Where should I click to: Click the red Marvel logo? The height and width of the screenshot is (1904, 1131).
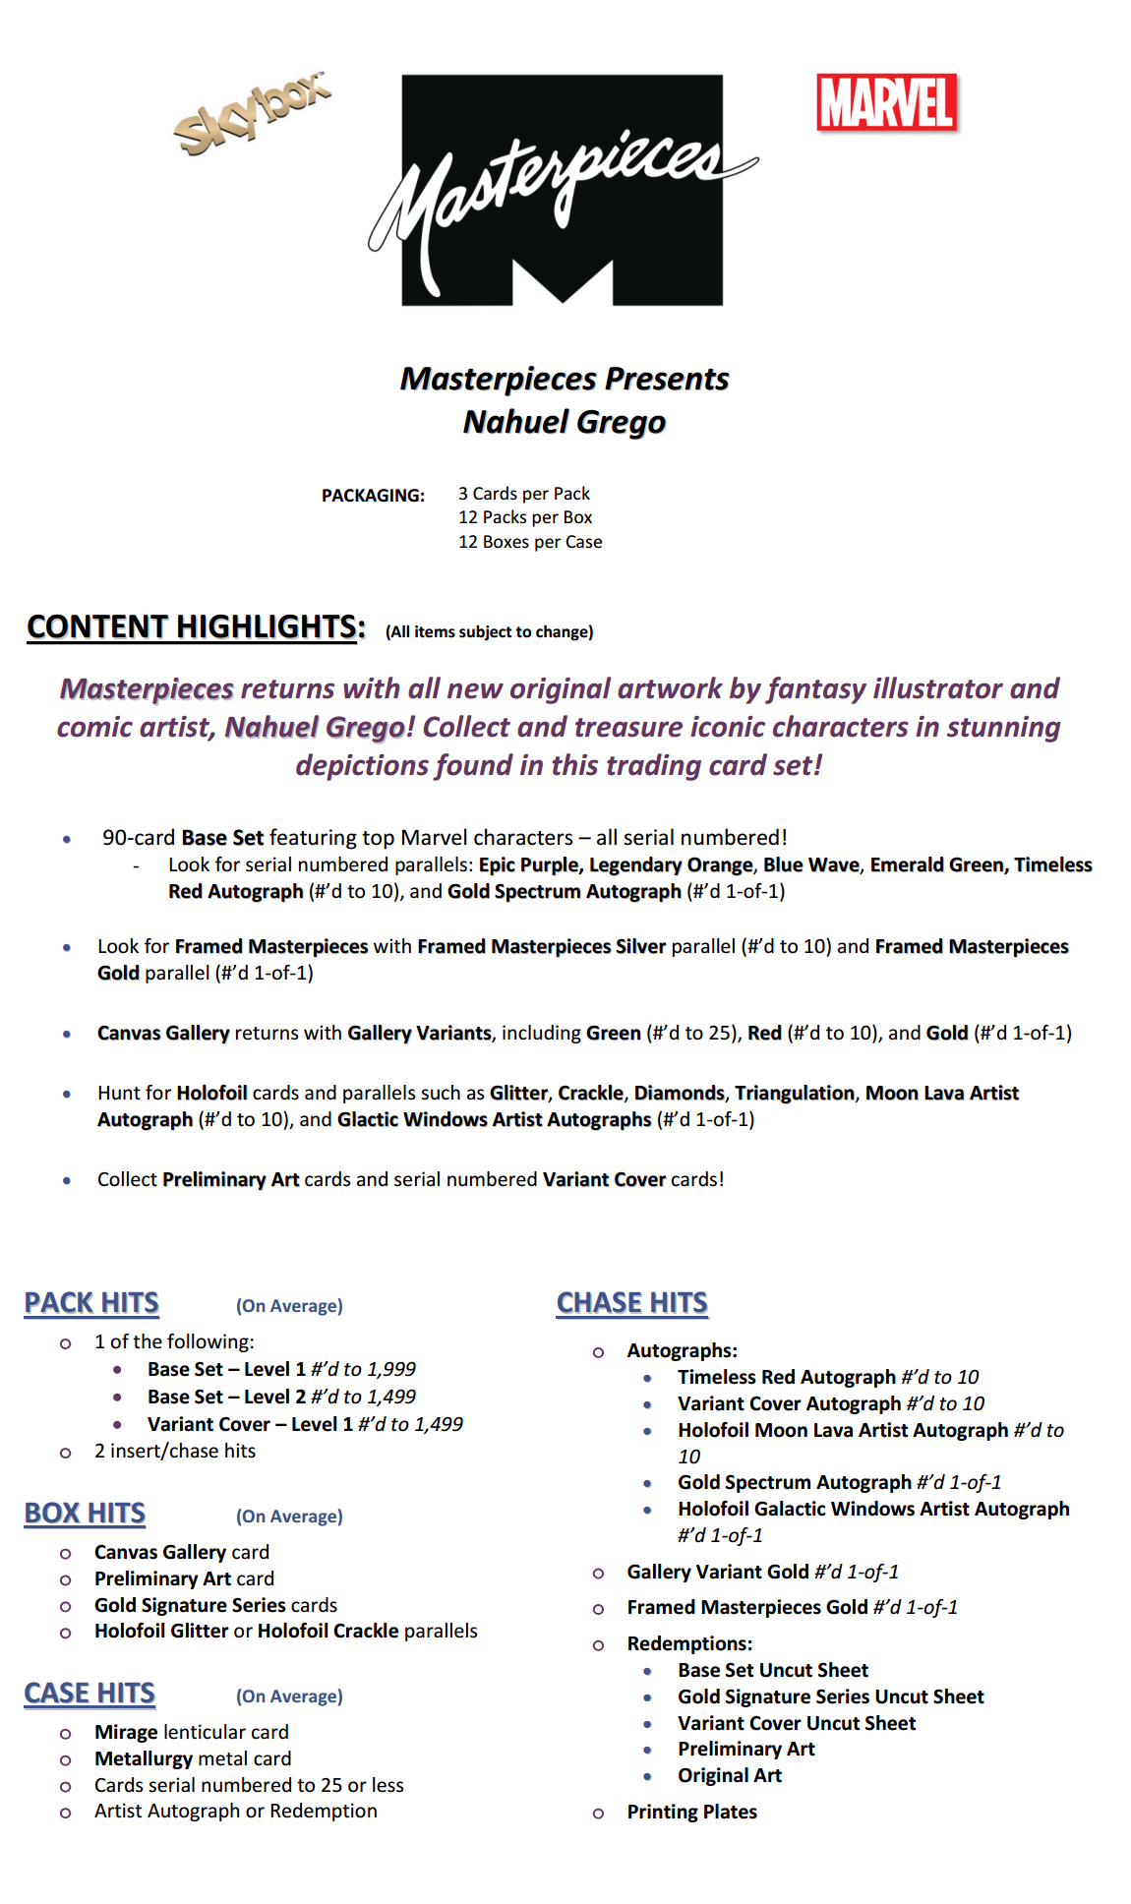click(x=886, y=102)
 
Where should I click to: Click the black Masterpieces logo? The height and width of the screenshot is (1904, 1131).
click(x=563, y=190)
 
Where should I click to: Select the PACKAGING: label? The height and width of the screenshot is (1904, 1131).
click(x=373, y=496)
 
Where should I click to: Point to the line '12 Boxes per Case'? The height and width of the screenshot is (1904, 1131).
click(x=530, y=542)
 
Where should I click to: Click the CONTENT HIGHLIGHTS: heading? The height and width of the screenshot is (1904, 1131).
click(x=196, y=626)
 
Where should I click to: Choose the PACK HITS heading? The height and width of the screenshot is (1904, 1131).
click(x=91, y=1303)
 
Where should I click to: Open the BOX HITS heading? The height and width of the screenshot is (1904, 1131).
click(x=85, y=1514)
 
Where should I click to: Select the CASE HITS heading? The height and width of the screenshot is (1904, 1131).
click(x=89, y=1694)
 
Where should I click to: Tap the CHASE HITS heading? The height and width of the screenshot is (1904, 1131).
click(x=631, y=1303)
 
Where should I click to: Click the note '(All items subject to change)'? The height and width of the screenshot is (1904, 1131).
click(x=489, y=632)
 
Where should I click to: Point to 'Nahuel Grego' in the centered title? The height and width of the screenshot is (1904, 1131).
click(x=565, y=422)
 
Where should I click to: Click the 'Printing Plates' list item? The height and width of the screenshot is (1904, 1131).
click(x=691, y=1812)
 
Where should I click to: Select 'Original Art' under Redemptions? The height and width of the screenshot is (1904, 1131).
click(x=729, y=1775)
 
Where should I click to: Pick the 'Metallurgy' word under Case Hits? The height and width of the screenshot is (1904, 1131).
click(x=139, y=1758)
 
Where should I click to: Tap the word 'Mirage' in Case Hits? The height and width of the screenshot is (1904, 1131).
click(x=126, y=1732)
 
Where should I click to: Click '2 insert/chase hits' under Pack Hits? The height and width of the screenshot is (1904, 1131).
click(x=175, y=1451)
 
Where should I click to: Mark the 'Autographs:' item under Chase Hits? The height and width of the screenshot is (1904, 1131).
click(x=682, y=1350)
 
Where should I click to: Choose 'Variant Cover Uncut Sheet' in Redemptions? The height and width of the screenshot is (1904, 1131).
click(x=797, y=1723)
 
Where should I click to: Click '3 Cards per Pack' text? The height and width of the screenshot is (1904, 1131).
click(x=524, y=494)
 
